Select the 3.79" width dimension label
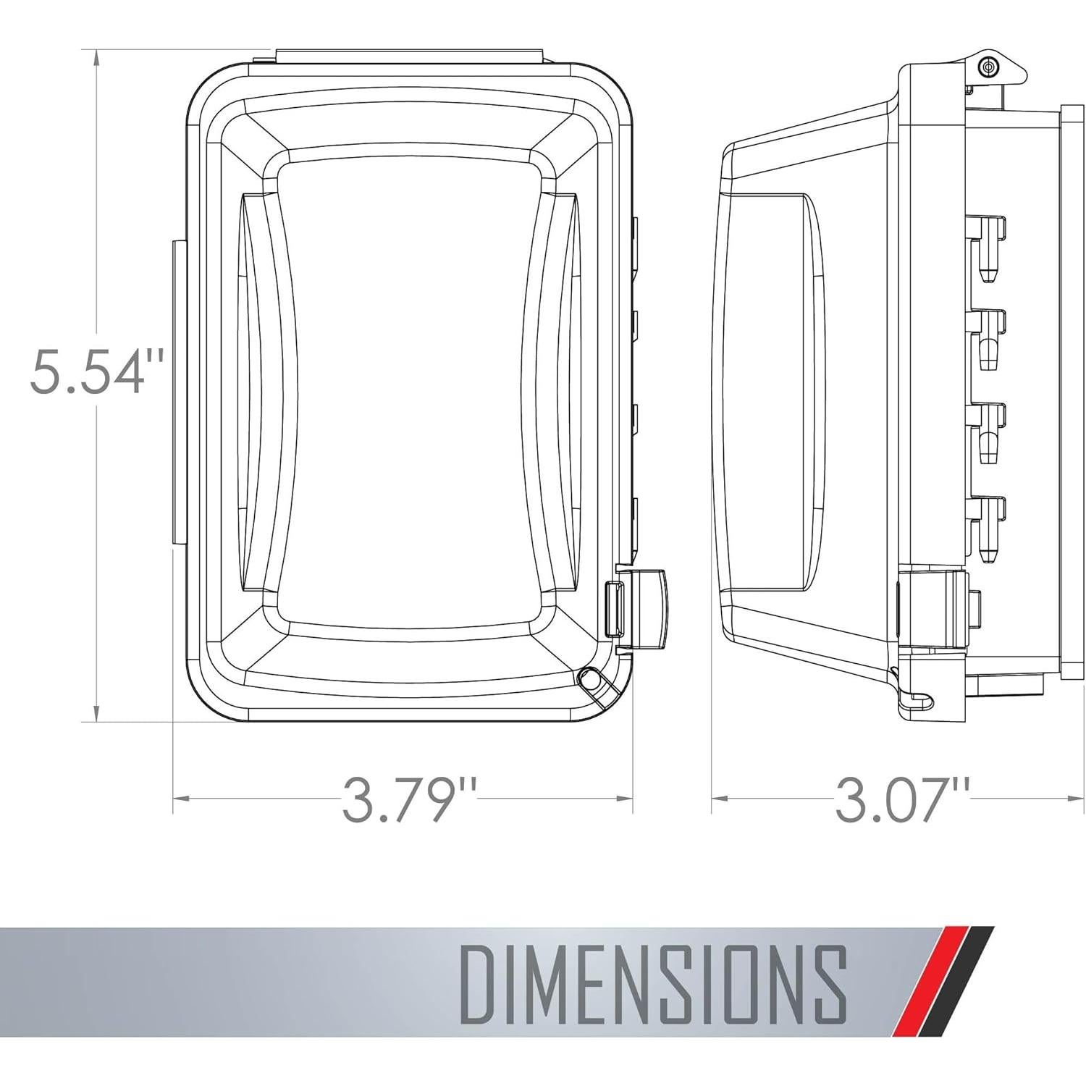(410, 798)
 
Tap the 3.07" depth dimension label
(902, 798)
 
